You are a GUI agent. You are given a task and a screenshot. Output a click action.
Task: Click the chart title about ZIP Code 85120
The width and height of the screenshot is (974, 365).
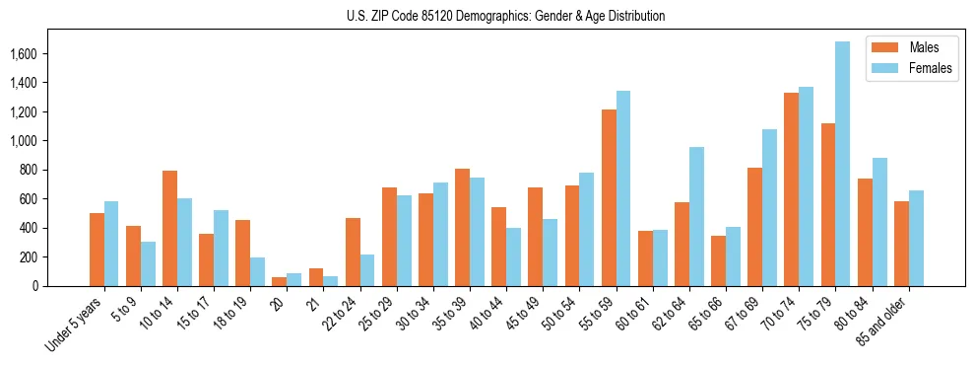click(505, 16)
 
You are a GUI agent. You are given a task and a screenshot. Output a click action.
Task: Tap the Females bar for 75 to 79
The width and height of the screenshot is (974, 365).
click(842, 164)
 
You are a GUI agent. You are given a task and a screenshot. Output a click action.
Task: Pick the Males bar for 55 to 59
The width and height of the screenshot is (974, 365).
click(609, 197)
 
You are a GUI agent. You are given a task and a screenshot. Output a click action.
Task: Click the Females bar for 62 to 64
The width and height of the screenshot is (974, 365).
click(696, 216)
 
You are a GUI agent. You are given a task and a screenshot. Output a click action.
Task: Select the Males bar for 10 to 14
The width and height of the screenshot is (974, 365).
click(169, 228)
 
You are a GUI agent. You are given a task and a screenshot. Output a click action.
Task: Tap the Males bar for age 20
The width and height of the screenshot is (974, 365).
click(279, 281)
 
